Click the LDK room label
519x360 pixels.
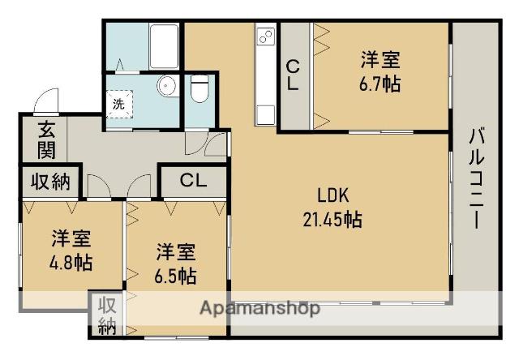tap(332, 195)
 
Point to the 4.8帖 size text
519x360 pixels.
tap(72, 263)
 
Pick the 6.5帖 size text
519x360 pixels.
tap(175, 274)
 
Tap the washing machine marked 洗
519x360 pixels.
tap(118, 103)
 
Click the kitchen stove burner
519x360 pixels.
tap(266, 36)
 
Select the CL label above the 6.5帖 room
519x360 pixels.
tap(192, 180)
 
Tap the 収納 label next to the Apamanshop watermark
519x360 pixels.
tap(105, 315)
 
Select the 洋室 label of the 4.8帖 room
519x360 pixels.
tap(72, 240)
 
